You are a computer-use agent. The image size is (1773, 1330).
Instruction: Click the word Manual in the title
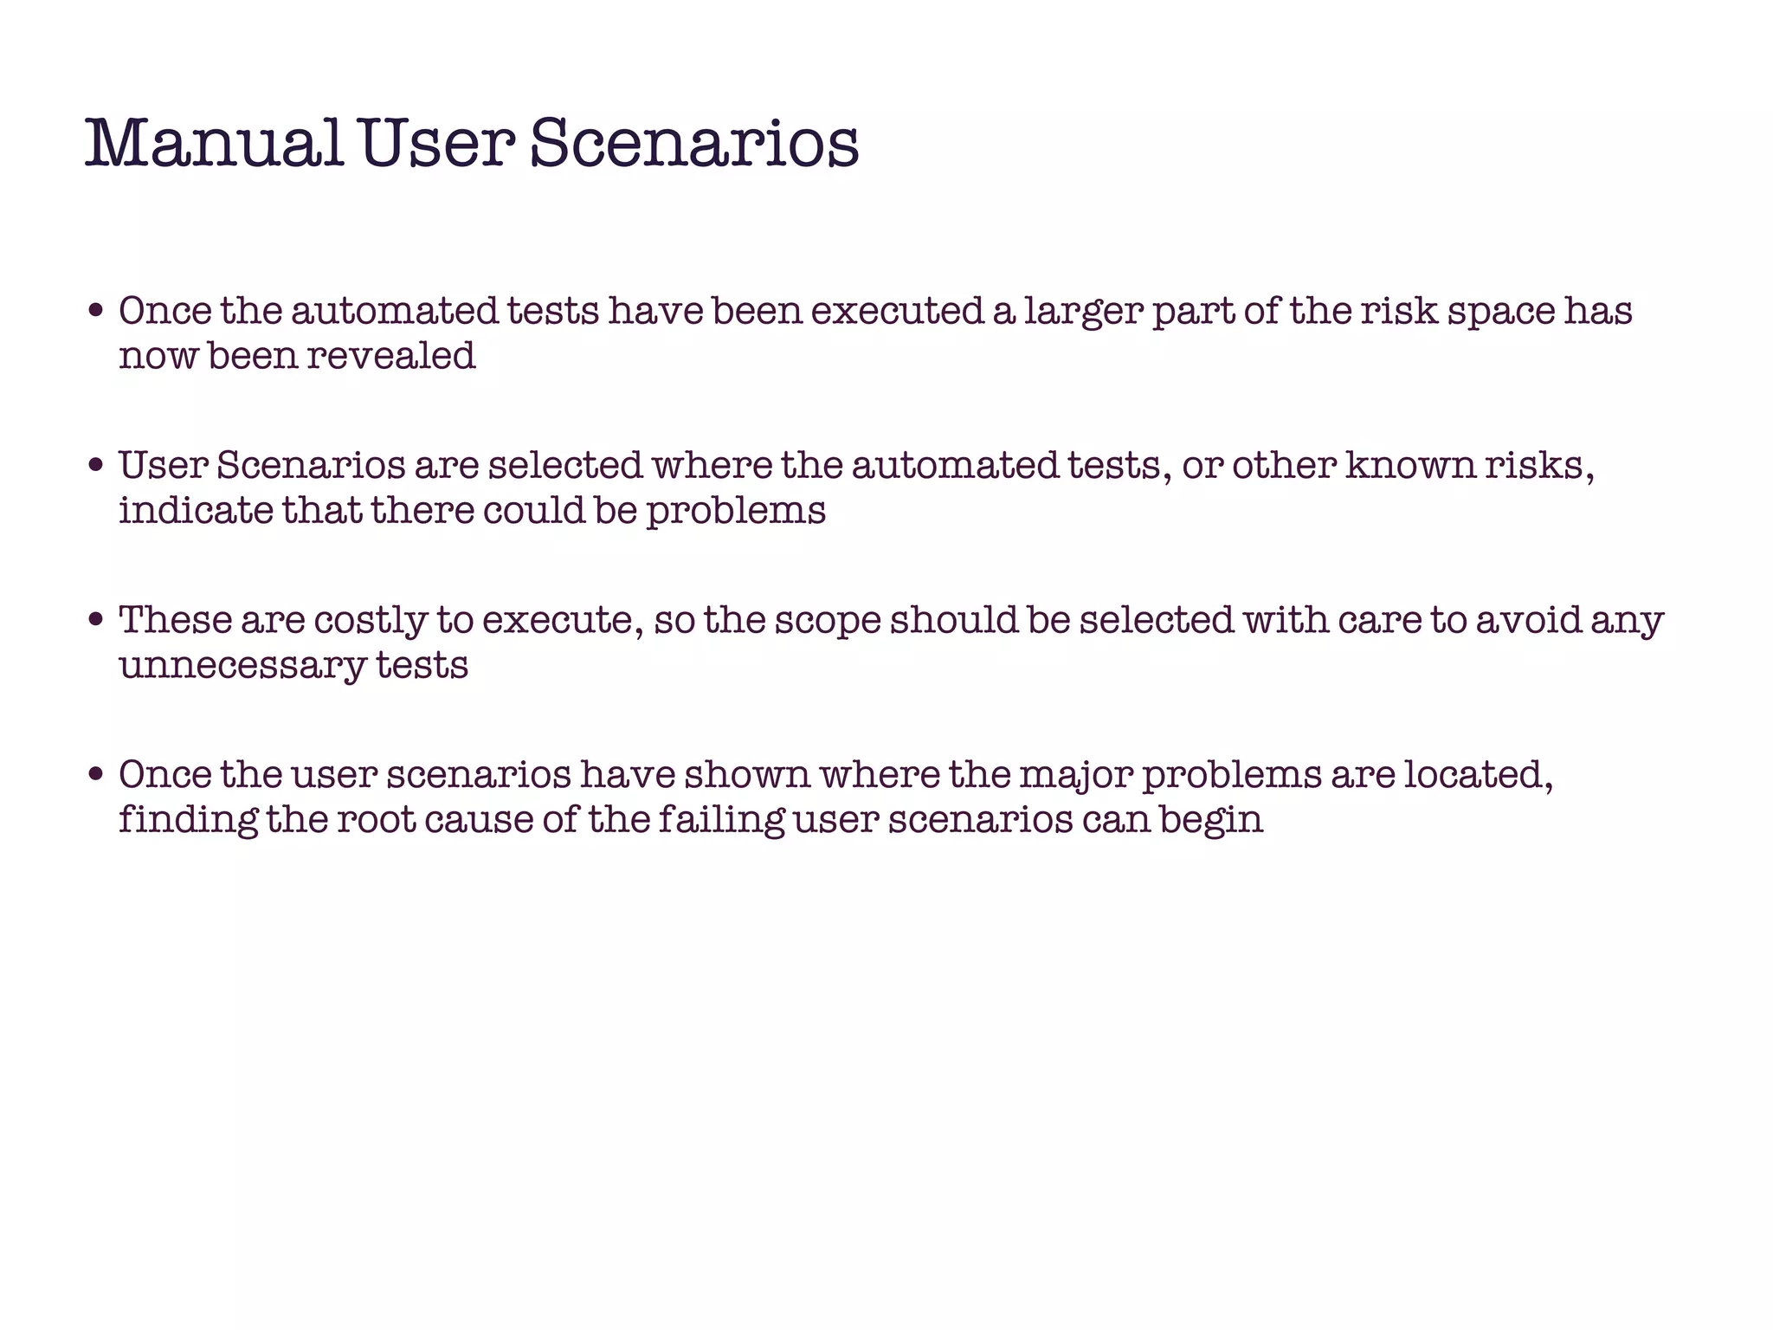(x=214, y=145)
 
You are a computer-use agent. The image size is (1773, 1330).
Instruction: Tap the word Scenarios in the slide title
(x=693, y=145)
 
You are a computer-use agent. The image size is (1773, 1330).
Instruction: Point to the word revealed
(x=390, y=356)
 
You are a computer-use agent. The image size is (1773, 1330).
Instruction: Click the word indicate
(x=197, y=510)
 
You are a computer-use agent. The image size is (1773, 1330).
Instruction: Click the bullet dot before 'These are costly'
(x=97, y=621)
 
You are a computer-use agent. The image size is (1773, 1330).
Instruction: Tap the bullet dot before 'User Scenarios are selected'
(x=97, y=466)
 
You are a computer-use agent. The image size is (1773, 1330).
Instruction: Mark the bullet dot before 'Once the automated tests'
(x=97, y=312)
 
